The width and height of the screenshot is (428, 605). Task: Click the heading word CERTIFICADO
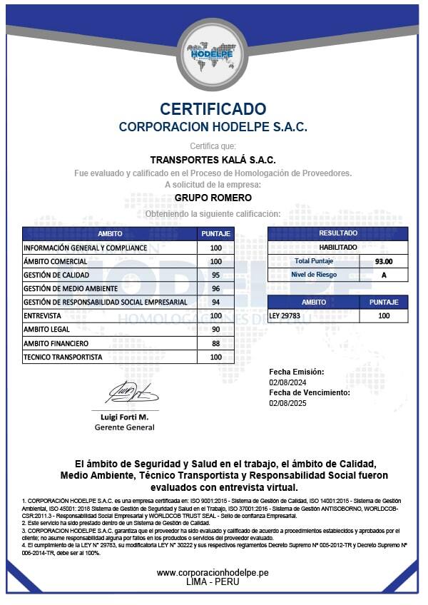[213, 109]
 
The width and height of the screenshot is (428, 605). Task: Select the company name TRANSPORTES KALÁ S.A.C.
[213, 160]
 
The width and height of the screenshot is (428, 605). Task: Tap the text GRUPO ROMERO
[213, 198]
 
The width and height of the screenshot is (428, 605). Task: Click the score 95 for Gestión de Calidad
[215, 275]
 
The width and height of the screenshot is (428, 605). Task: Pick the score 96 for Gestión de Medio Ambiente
[215, 289]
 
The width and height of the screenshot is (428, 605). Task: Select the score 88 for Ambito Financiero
[215, 343]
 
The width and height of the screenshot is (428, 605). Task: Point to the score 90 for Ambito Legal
[215, 330]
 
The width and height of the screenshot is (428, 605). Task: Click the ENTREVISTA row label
[42, 316]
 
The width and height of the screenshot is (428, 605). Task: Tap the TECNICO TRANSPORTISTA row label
[63, 357]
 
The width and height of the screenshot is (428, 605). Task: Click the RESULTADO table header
[337, 233]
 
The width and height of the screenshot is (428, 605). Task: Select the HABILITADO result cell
[337, 247]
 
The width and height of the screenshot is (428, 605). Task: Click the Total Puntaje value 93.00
[384, 261]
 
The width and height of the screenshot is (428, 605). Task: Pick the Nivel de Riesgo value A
[384, 275]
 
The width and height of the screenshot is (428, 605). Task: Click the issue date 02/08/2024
[287, 382]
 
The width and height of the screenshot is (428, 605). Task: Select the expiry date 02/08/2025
[287, 403]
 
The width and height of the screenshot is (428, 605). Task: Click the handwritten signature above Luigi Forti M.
[132, 392]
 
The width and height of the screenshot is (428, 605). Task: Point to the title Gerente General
[124, 427]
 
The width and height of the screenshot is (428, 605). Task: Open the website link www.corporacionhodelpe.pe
[213, 572]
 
